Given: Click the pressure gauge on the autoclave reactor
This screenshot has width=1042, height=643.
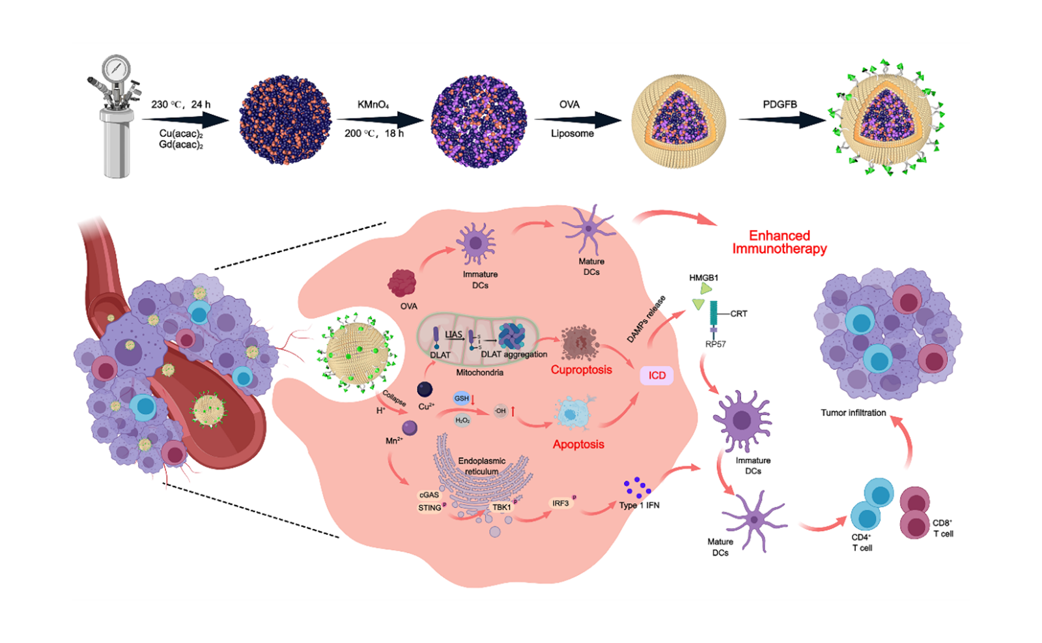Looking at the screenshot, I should coord(117,66).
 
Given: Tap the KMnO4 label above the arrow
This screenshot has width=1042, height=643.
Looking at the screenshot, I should coord(373,104).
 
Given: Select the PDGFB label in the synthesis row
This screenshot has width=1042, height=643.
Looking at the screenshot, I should coord(780,104).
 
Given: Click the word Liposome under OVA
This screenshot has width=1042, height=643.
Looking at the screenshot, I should coord(572,134).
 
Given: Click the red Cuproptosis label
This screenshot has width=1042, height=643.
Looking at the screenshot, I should coord(582,370).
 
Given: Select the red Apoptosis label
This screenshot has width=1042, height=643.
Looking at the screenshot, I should coord(578,444).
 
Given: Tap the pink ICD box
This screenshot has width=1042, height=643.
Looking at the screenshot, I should coord(656,375).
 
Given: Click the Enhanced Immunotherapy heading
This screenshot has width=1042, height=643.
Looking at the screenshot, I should coord(780,242).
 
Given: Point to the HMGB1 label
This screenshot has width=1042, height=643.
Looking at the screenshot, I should coord(703,278).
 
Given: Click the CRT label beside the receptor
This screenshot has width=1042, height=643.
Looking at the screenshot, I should coord(739,314).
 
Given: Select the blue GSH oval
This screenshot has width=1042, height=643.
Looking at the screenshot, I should coord(462,398).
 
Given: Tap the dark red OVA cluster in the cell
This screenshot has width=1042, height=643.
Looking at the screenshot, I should coord(402,283).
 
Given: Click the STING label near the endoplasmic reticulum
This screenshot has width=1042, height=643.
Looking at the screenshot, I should coord(430,508).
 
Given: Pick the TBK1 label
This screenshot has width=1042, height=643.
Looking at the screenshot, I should coord(501,507).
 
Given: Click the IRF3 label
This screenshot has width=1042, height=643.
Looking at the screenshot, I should coord(560,504).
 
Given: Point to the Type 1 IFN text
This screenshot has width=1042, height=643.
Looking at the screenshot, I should coord(639,506).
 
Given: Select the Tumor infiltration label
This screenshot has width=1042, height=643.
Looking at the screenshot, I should coord(853,413).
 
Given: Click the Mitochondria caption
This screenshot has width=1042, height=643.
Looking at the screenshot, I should coord(479,373).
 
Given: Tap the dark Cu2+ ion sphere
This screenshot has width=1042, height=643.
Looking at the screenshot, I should coord(425,390).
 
